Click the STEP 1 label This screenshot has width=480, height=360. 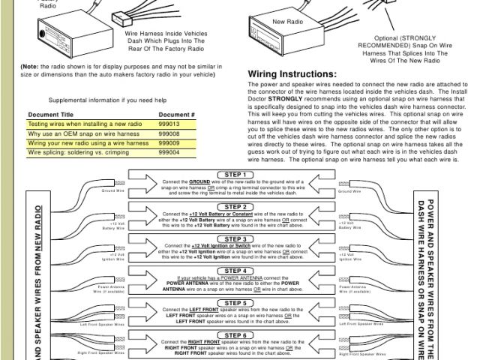tap(235, 175)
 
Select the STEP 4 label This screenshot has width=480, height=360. tap(235, 271)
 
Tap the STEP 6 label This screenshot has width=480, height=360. tap(235, 335)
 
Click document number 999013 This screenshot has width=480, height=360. tap(169, 124)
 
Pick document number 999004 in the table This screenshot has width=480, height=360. tap(169, 151)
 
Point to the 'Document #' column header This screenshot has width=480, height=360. tap(177, 114)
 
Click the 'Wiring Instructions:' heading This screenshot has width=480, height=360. tap(292, 74)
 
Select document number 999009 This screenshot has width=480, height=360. tap(169, 142)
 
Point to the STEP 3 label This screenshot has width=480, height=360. tap(235, 238)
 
